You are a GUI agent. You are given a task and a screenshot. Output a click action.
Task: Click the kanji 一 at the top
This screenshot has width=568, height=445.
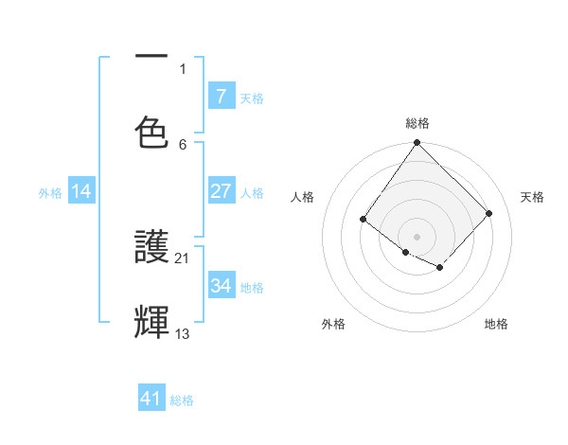coord(152,58)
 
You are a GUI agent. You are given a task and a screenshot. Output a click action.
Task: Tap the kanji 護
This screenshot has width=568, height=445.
coord(152,248)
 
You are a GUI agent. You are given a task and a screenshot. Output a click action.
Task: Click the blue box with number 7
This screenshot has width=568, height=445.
coord(222,97)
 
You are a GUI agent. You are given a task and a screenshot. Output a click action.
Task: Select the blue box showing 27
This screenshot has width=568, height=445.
coord(222,191)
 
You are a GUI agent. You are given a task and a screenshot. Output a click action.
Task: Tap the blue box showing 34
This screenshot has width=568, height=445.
coord(222,285)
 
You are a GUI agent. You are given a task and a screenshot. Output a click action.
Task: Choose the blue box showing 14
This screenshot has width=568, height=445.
coord(81,191)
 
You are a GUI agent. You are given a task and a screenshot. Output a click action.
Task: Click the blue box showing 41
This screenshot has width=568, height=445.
coord(151,399)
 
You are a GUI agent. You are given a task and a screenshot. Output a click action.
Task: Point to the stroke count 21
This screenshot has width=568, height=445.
coord(183,258)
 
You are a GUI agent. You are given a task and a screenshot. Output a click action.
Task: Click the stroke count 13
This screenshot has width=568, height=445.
coord(183,333)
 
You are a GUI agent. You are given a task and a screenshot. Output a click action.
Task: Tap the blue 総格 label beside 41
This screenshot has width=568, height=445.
coord(182,400)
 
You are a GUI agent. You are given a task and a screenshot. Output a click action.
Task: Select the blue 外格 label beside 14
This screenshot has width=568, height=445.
coord(50,192)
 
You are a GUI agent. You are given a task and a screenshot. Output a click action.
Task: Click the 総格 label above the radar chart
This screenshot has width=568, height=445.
coord(417,123)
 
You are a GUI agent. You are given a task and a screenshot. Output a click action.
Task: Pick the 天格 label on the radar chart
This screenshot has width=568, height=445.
coord(533,197)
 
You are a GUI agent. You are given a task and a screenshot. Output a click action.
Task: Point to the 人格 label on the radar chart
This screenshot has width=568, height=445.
coord(303,197)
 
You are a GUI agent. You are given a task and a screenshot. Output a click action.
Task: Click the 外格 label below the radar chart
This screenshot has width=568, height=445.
coord(333,324)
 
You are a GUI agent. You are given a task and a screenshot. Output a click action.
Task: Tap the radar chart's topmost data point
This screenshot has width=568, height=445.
coord(417,142)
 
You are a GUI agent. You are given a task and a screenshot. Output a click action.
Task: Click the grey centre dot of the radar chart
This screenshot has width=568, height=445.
coord(417,236)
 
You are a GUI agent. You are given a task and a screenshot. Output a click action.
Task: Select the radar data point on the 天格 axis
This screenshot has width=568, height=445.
coord(489,213)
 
